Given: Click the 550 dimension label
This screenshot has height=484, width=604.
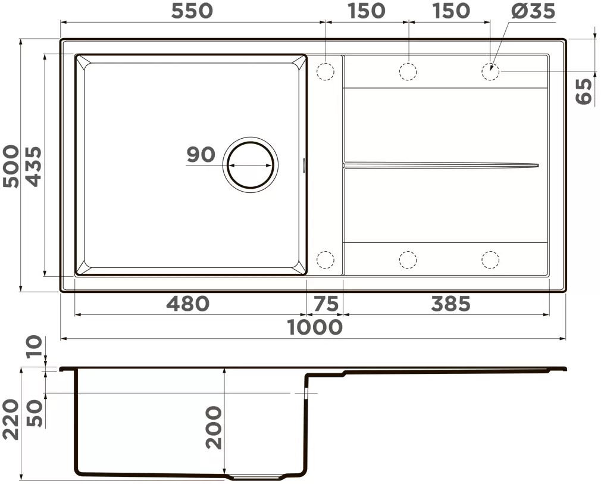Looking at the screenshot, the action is [x=192, y=11].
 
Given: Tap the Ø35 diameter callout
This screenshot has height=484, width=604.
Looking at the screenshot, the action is [x=533, y=11].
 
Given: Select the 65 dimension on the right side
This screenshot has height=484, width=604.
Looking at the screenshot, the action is [x=584, y=91].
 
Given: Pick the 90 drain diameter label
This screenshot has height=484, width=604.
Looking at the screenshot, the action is [x=201, y=155].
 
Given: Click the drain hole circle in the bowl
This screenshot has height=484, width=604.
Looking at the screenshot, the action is [x=251, y=164].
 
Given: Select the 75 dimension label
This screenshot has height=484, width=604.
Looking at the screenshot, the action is [x=326, y=304].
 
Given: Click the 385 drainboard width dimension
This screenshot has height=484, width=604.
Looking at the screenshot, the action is [x=450, y=304].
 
